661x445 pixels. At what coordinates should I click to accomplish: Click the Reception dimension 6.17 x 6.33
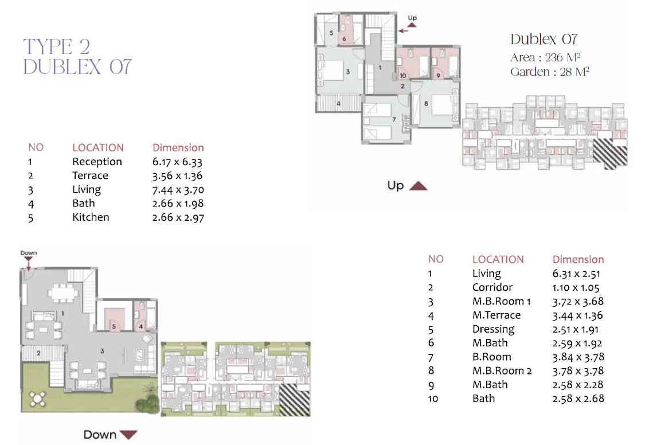click(178, 162)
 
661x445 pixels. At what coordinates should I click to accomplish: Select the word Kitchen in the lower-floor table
click(91, 217)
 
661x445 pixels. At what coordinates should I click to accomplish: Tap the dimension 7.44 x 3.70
click(178, 190)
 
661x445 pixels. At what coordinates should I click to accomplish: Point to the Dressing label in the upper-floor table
click(493, 329)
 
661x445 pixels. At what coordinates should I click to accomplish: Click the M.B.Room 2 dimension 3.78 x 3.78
click(578, 371)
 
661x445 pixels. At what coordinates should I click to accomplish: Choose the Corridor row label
click(492, 287)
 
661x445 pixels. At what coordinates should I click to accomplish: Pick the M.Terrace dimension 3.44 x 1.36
click(577, 315)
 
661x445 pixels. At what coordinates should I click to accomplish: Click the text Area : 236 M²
click(545, 57)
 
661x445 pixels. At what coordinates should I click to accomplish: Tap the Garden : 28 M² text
click(549, 72)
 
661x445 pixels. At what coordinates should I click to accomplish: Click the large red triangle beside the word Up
click(418, 186)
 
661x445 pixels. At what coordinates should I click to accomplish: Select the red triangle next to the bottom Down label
click(128, 435)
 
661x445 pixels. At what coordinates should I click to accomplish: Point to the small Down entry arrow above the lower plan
click(29, 264)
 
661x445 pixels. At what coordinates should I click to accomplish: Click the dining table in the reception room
click(63, 292)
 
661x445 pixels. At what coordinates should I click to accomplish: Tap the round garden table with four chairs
click(37, 399)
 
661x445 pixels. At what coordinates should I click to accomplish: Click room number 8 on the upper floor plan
click(426, 103)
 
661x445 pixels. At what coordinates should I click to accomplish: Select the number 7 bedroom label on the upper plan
click(394, 119)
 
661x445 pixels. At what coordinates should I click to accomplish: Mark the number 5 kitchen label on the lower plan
click(114, 326)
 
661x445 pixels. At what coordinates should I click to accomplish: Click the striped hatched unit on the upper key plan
click(610, 153)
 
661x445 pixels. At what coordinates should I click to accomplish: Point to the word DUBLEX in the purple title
click(62, 67)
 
